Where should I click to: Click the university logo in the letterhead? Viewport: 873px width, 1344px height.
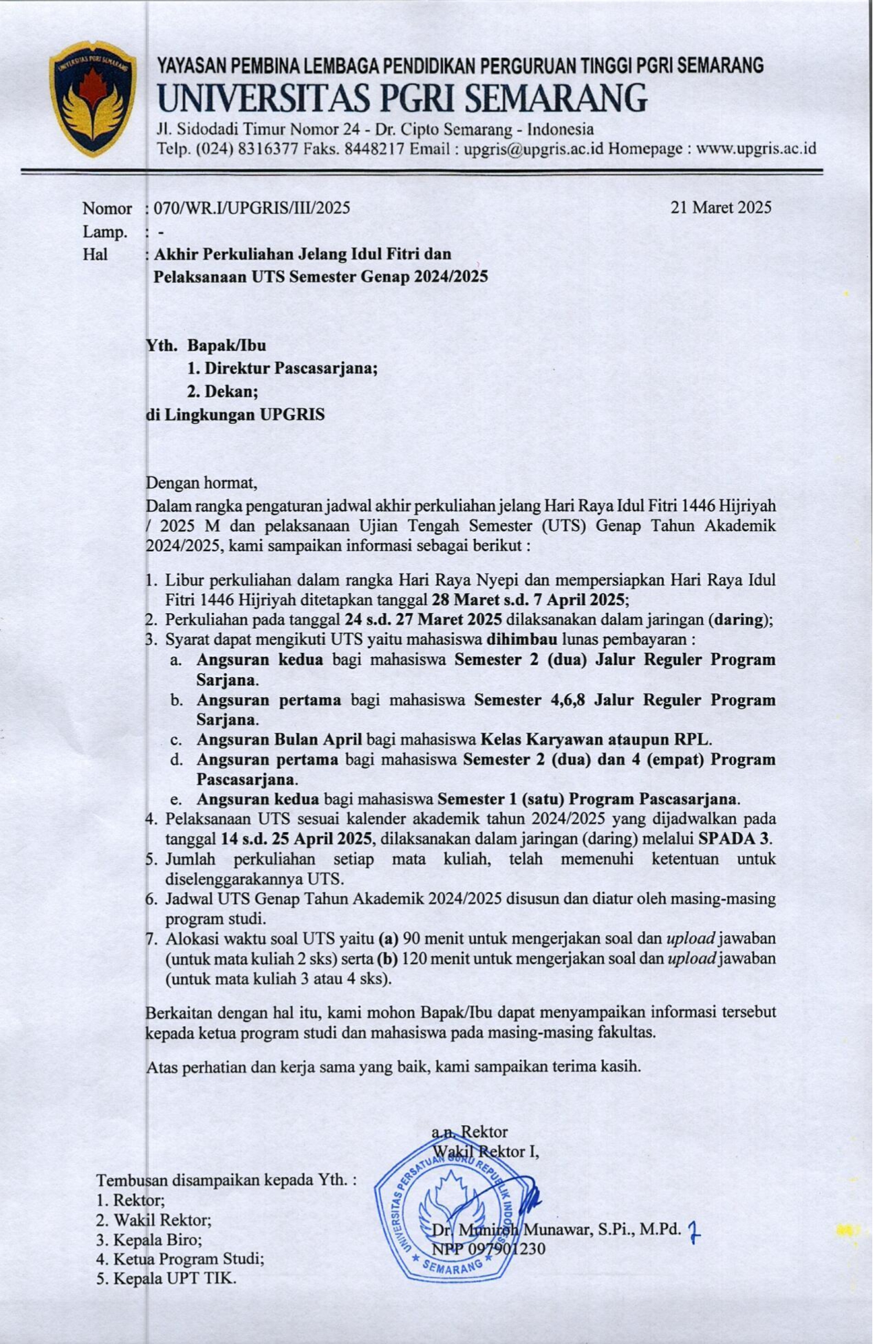coord(92,98)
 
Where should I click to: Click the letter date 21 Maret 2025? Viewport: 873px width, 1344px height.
coord(720,207)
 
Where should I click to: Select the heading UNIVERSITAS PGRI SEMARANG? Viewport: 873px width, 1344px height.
coord(402,98)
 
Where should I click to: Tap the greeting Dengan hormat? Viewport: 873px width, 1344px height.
coord(201,483)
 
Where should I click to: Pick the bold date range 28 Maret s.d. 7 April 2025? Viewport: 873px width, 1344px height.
coord(528,599)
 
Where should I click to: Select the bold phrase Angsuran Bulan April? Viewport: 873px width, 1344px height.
coord(279,740)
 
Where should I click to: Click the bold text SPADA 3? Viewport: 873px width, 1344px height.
coord(734,839)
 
